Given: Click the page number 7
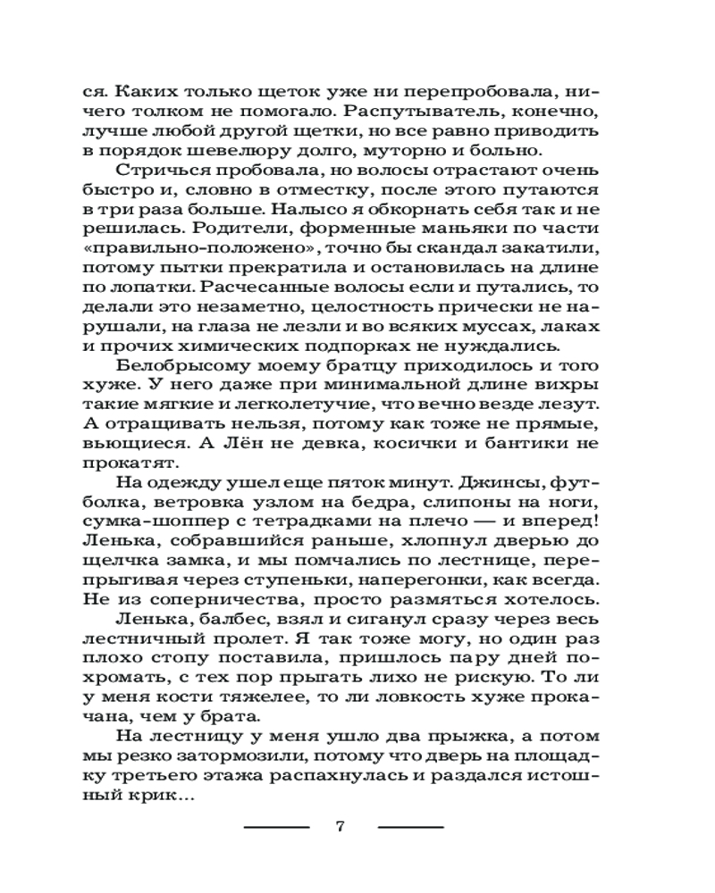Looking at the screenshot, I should tap(340, 826).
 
